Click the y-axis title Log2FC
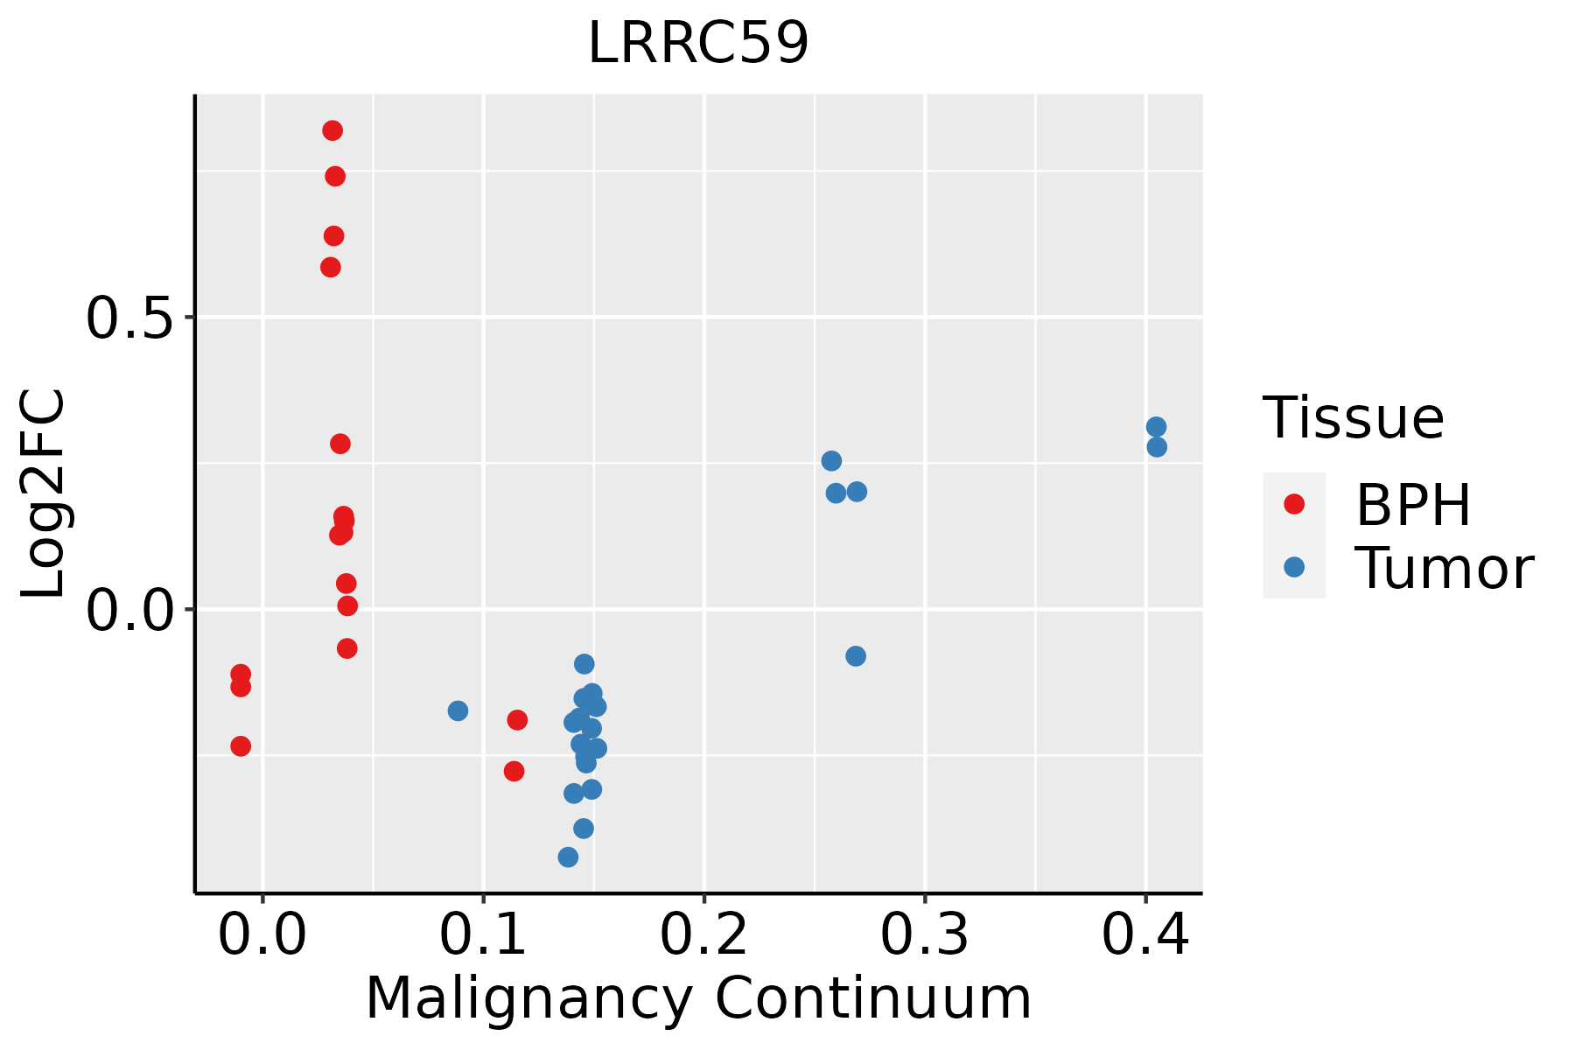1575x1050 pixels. [44, 494]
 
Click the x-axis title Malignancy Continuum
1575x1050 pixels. [698, 998]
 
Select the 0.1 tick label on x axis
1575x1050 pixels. [483, 935]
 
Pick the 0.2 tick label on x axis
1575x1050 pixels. [703, 935]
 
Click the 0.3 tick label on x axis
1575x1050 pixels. [924, 935]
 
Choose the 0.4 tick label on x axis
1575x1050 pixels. [1144, 935]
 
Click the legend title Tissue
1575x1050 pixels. [1354, 418]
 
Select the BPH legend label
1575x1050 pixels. [1413, 505]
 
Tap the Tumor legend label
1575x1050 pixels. [1444, 569]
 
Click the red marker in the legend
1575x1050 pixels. [1293, 504]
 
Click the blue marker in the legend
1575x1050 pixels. [1293, 567]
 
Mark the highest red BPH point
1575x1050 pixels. [332, 131]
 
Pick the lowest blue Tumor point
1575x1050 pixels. [569, 857]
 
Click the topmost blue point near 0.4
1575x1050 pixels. [1156, 427]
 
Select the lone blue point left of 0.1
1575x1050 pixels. [458, 710]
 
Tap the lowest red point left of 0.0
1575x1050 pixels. [241, 746]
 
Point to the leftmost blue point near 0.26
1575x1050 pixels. [831, 461]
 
